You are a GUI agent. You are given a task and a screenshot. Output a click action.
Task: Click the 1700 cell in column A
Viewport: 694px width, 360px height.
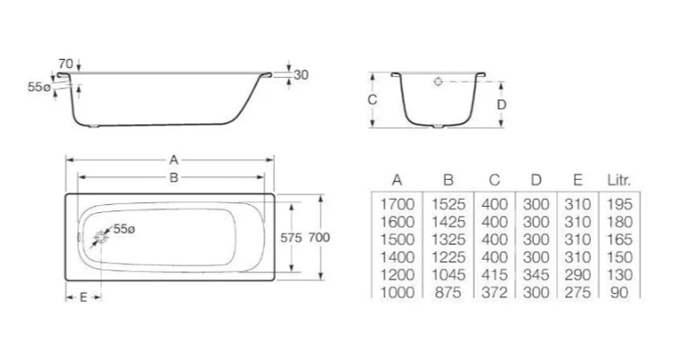click(397, 204)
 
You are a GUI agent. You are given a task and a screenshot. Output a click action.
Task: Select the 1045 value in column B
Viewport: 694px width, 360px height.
click(448, 275)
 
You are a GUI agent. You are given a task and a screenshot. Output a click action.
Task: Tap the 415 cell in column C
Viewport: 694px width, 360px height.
click(494, 275)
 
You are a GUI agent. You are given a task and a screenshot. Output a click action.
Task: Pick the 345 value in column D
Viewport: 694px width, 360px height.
click(535, 275)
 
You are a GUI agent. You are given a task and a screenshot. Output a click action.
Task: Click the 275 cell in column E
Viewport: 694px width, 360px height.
click(578, 292)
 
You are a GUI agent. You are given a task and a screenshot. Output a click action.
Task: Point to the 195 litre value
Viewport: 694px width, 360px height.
click(619, 204)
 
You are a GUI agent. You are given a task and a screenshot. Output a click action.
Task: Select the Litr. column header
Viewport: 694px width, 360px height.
click(619, 180)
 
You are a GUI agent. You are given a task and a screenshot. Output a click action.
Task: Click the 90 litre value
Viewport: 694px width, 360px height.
click(619, 292)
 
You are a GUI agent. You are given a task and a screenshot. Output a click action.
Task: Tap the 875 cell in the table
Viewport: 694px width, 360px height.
click(448, 292)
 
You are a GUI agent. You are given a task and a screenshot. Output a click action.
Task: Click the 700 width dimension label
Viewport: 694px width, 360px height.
click(319, 237)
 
